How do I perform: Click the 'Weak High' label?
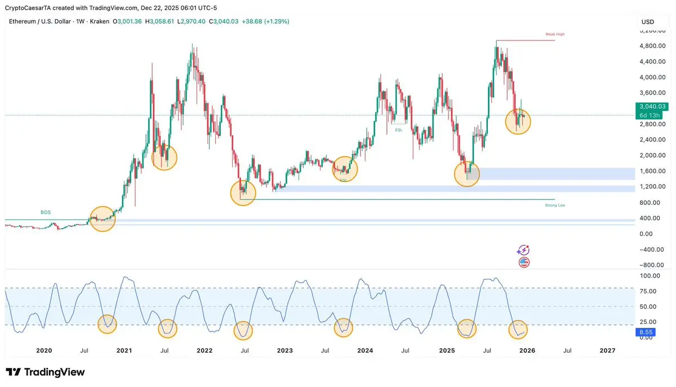pyautogui.click(x=554, y=34)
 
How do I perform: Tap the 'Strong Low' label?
pyautogui.click(x=554, y=206)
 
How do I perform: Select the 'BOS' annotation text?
pyautogui.click(x=46, y=212)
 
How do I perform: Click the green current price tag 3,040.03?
pyautogui.click(x=651, y=106)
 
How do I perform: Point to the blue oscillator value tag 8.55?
pyautogui.click(x=644, y=333)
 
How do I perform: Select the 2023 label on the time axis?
pyautogui.click(x=284, y=350)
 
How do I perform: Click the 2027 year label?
pyautogui.click(x=607, y=350)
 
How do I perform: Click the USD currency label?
pyautogui.click(x=648, y=22)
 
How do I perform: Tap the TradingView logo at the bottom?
pyautogui.click(x=45, y=372)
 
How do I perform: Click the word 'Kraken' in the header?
pyautogui.click(x=100, y=21)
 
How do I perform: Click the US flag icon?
pyautogui.click(x=524, y=262)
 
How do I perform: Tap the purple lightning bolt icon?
pyautogui.click(x=524, y=250)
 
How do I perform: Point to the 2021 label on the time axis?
pyautogui.click(x=124, y=350)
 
